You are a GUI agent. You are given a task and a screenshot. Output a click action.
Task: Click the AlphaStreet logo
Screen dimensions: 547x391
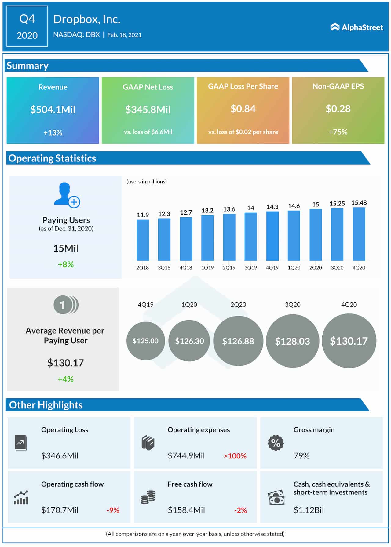tap(356, 27)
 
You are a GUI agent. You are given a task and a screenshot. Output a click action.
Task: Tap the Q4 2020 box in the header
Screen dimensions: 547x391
tap(27, 27)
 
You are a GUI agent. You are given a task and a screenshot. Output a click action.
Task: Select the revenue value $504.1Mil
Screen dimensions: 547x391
tap(53, 110)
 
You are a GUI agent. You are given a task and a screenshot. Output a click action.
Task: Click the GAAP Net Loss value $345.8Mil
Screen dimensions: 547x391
tap(148, 110)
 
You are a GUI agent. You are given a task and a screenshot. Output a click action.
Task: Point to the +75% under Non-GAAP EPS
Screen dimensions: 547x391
tap(338, 132)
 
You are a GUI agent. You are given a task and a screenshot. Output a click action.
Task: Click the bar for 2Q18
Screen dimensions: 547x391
tap(143, 240)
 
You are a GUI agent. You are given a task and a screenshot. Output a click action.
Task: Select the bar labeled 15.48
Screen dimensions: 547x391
tap(359, 234)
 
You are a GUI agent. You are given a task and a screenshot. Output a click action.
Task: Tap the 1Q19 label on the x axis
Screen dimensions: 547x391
tap(207, 268)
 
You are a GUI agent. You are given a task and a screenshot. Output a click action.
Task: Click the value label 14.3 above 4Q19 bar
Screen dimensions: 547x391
tap(272, 207)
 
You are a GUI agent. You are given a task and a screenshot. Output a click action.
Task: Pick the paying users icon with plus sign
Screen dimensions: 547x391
tap(67, 195)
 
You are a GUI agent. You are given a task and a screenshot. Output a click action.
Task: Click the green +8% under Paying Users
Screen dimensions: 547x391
tap(66, 264)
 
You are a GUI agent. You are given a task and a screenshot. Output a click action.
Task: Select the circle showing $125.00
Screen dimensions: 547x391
tap(145, 341)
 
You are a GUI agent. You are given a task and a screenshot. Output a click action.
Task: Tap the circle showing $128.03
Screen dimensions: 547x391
tap(292, 341)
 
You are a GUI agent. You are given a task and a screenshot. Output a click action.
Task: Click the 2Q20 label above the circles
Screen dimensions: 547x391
tap(238, 305)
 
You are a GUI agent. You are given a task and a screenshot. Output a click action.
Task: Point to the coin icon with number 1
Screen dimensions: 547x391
tap(66, 305)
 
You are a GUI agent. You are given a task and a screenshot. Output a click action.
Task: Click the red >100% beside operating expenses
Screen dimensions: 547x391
tap(235, 456)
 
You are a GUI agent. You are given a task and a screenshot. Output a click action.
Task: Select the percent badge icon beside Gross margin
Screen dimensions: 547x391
tap(276, 443)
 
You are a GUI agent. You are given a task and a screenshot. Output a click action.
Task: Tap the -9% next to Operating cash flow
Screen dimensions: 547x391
tap(113, 510)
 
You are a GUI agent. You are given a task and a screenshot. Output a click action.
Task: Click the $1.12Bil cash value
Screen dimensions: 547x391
tap(309, 510)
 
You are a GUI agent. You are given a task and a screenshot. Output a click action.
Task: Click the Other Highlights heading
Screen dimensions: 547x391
tap(46, 405)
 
